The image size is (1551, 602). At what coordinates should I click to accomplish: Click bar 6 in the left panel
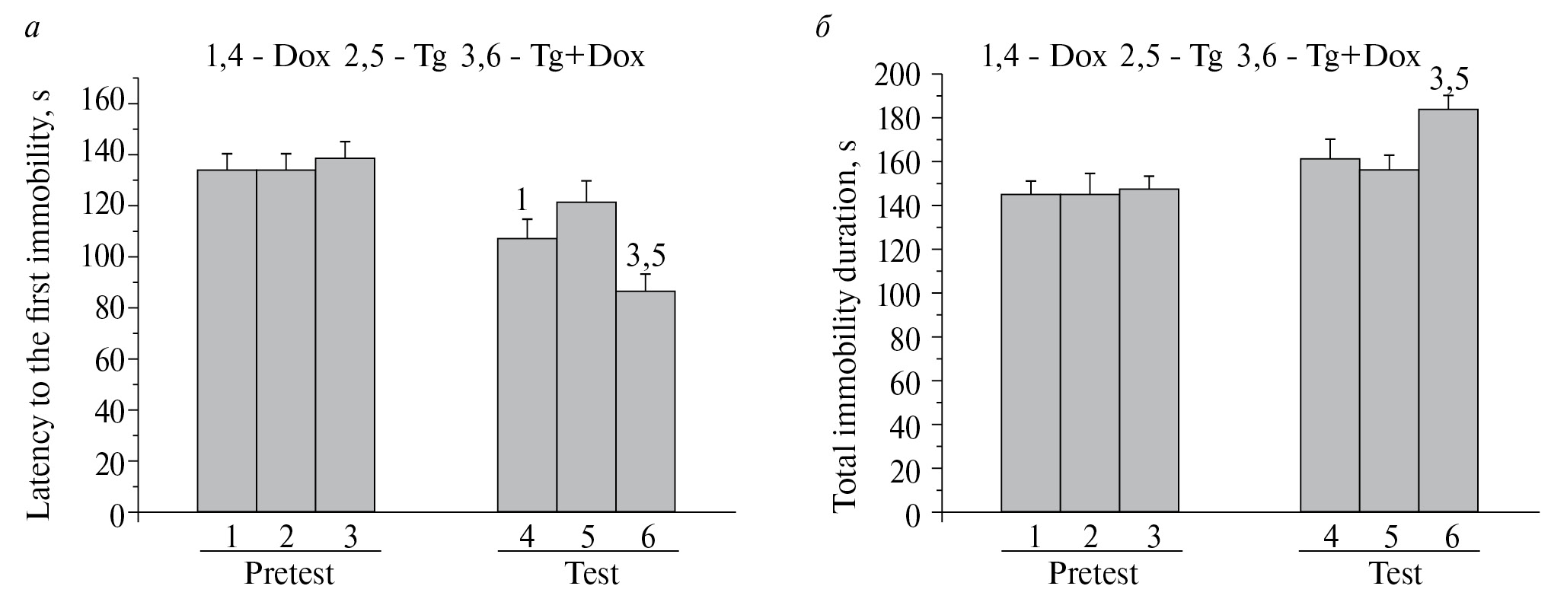point(645,401)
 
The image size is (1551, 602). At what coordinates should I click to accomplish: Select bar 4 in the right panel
point(1329,335)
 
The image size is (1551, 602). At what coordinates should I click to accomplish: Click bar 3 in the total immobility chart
point(1149,350)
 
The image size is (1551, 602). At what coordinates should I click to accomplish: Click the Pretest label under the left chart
point(289,573)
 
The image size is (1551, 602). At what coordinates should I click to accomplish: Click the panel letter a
point(32,29)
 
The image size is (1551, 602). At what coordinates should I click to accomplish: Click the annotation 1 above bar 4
point(522,200)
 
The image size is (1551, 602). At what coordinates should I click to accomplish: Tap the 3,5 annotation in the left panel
point(645,256)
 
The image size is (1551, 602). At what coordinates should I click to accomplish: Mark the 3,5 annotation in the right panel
point(1449,78)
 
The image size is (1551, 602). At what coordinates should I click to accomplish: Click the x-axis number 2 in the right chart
point(1090,537)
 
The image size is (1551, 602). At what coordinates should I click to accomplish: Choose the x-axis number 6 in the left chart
point(647,537)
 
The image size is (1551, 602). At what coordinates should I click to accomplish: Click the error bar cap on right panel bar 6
point(1448,96)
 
